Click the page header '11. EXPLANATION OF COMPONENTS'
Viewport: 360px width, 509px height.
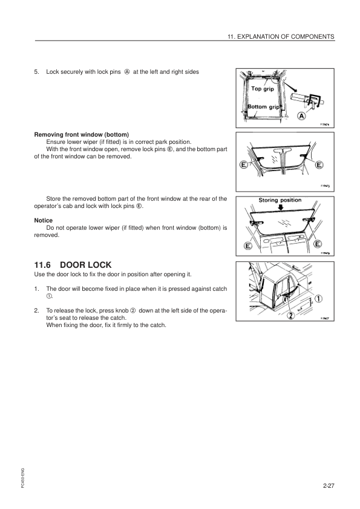279,36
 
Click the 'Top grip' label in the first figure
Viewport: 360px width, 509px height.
263,89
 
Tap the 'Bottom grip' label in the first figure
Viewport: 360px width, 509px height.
264,107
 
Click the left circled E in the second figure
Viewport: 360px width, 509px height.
243,164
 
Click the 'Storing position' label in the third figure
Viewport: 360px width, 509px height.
280,200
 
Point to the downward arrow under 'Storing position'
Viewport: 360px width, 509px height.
280,207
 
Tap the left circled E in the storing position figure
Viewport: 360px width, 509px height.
247,246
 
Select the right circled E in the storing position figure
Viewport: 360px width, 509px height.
318,244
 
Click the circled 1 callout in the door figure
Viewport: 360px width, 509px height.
319,298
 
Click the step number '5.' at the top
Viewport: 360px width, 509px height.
38,72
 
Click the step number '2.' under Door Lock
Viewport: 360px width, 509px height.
38,310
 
